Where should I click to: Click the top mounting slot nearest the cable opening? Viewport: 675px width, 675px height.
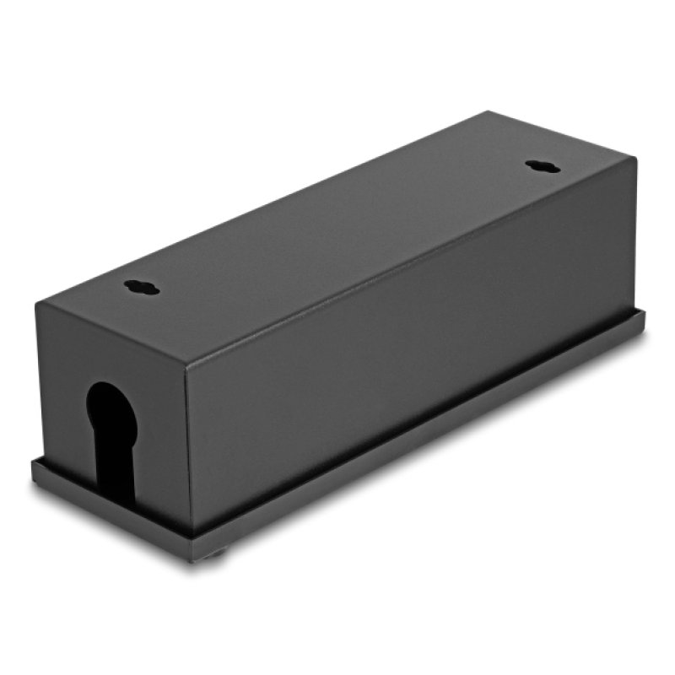(141, 287)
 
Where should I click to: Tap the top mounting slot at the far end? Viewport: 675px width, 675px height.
(542, 166)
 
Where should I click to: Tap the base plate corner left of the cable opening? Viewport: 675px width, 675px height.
(34, 464)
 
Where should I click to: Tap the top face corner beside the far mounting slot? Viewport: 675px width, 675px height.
(633, 161)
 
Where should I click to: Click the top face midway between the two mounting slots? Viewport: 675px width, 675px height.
(337, 228)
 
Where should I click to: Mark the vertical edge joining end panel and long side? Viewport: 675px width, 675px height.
(188, 439)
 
